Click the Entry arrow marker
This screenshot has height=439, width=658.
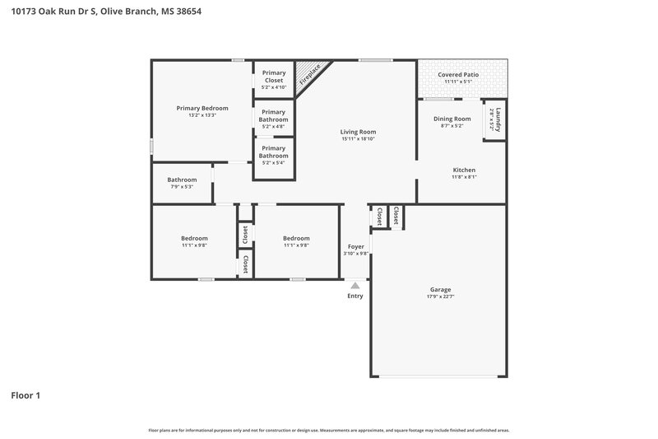(x=354, y=285)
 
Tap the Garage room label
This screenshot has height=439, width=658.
(x=440, y=289)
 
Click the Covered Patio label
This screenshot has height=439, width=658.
(x=458, y=74)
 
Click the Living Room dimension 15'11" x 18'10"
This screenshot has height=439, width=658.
(x=358, y=139)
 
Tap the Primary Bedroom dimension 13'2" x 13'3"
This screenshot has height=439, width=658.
(x=202, y=115)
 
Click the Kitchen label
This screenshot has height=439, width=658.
(x=464, y=170)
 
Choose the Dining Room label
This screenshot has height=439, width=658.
(x=452, y=119)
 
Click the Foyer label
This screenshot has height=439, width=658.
(x=355, y=246)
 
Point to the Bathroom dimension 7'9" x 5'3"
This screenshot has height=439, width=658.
(x=182, y=187)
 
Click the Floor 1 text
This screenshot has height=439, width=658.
(x=25, y=395)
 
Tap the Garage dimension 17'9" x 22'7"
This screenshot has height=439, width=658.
(x=440, y=297)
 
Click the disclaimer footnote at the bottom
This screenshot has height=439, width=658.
(x=329, y=430)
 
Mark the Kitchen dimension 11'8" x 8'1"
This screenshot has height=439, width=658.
(x=464, y=177)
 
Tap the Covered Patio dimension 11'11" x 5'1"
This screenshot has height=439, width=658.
(x=458, y=82)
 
